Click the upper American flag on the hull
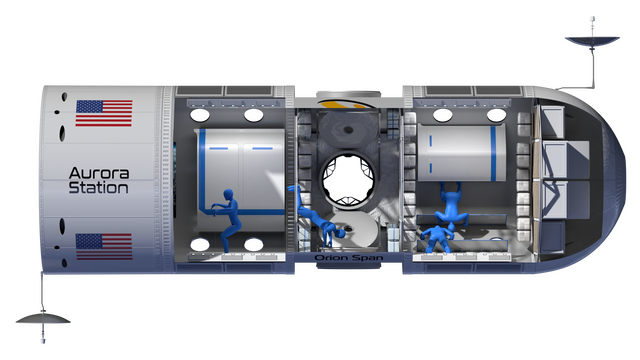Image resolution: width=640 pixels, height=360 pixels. (x=104, y=113)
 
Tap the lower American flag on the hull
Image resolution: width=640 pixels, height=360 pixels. (x=104, y=247)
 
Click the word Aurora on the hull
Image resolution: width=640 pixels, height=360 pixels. (x=99, y=173)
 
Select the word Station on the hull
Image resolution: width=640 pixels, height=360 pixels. (x=98, y=188)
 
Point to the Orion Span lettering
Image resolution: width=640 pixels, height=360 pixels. (x=349, y=258)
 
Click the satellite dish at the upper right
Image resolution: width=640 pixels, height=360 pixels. (x=592, y=41)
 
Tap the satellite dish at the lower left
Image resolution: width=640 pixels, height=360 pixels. (x=43, y=318)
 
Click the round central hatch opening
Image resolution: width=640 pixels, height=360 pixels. (x=348, y=178)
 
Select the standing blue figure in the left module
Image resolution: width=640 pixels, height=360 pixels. (x=228, y=218)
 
